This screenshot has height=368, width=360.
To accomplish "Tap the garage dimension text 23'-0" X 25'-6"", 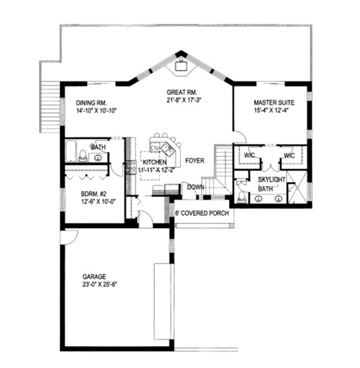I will point(99,285).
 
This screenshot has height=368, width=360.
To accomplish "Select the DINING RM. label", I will point(91,103).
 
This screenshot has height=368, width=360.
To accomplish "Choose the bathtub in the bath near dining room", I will point(73,151).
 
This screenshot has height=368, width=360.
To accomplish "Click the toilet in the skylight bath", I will point(241,196).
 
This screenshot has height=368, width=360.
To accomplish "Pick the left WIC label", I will point(248,156).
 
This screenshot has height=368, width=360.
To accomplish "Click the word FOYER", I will point(194,161).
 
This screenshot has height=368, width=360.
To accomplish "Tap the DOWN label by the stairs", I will point(195,187).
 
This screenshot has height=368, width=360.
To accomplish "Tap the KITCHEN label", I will point(155,163).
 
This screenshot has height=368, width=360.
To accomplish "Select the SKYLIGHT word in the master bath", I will point(273,180).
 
